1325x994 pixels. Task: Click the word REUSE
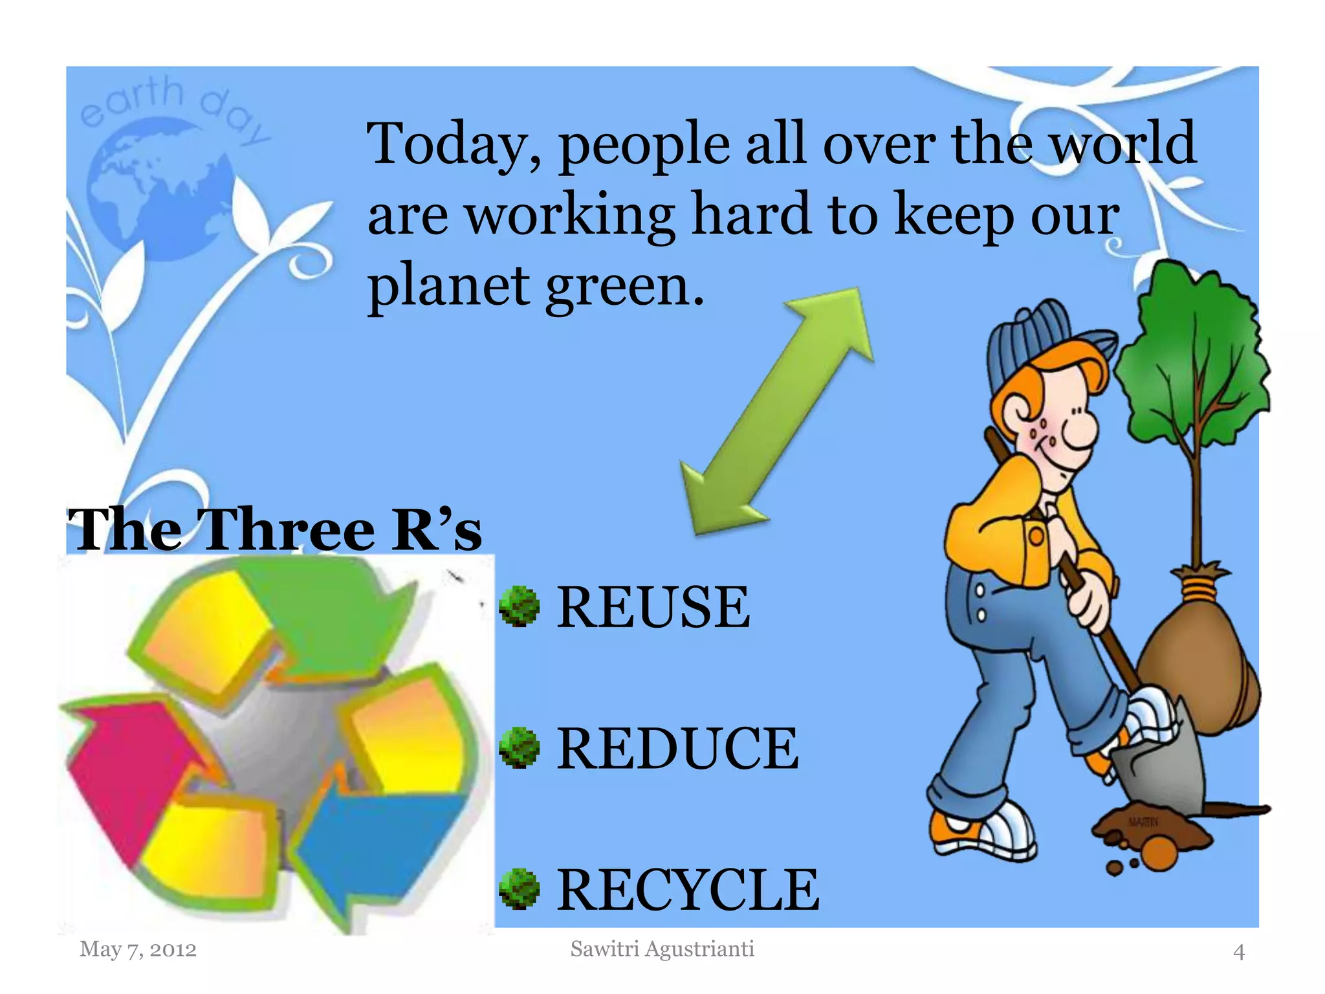coord(653,607)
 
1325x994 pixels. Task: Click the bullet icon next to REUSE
coord(519,606)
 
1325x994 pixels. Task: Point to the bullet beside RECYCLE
coord(519,889)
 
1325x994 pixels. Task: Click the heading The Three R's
coord(275,529)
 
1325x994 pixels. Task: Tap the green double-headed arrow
coord(776,411)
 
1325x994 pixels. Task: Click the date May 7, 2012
coord(138,949)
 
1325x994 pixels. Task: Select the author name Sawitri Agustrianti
coord(662,949)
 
